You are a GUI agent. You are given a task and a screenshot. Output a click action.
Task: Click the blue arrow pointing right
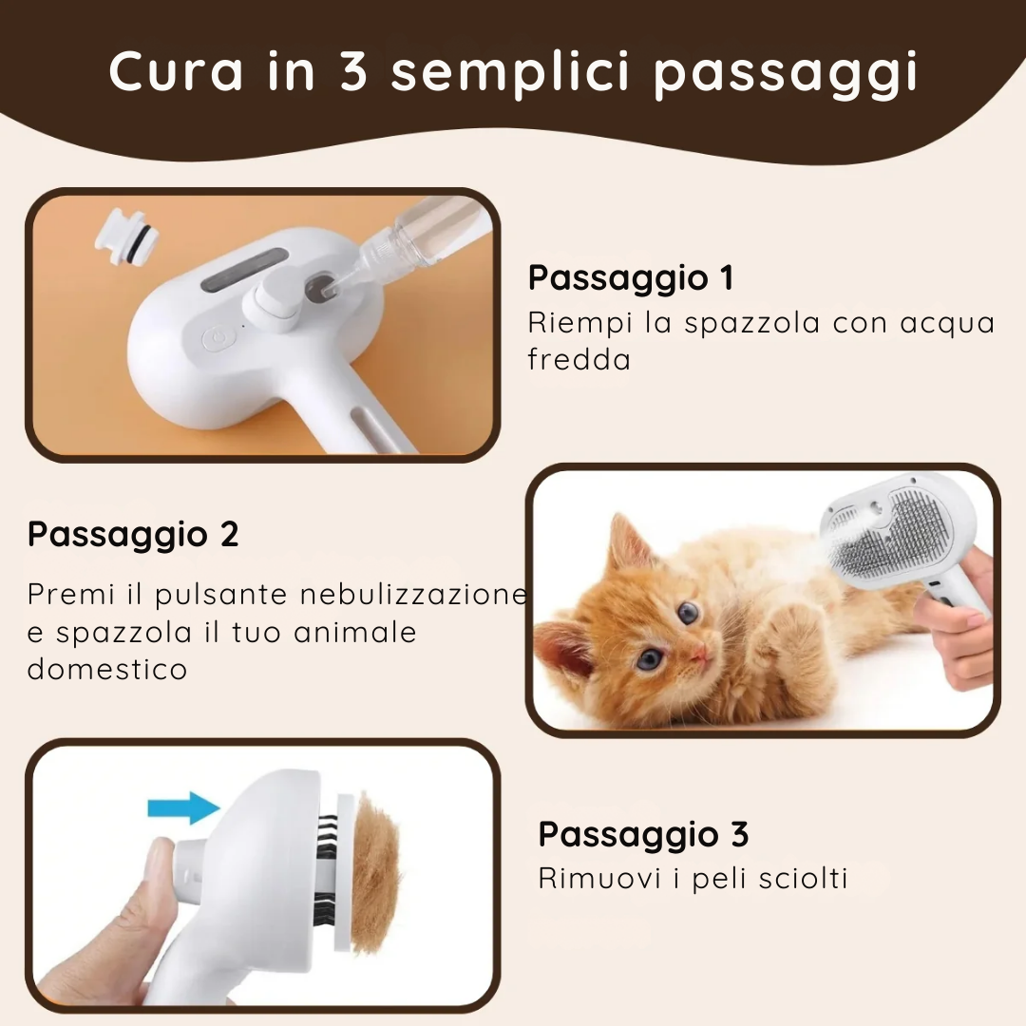point(183,808)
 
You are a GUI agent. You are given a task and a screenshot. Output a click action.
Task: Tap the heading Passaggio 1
point(631,278)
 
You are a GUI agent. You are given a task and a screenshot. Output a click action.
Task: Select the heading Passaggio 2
point(133,535)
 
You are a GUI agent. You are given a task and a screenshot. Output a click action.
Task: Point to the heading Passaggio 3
point(643,834)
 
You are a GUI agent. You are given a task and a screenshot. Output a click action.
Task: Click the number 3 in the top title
point(354,71)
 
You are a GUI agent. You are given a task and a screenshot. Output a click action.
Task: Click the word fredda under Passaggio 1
point(579,359)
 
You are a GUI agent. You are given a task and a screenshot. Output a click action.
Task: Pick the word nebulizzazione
point(413,594)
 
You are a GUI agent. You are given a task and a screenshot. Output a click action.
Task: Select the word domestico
point(107,669)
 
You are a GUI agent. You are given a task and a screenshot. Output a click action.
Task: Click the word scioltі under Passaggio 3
point(803,878)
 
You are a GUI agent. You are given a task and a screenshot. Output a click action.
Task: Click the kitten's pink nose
point(699,651)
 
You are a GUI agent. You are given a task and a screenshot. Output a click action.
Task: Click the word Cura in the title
point(176,71)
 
